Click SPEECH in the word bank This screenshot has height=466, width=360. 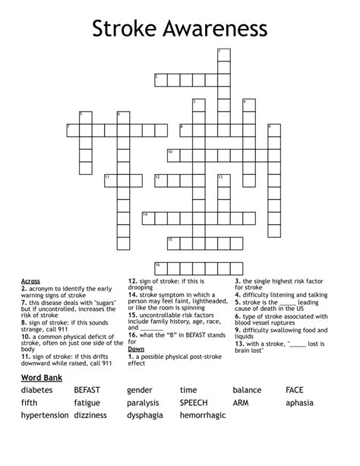(x=194, y=403)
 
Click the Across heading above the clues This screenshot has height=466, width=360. (x=31, y=281)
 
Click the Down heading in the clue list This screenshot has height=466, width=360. (x=136, y=348)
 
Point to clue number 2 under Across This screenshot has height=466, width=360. (x=24, y=289)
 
